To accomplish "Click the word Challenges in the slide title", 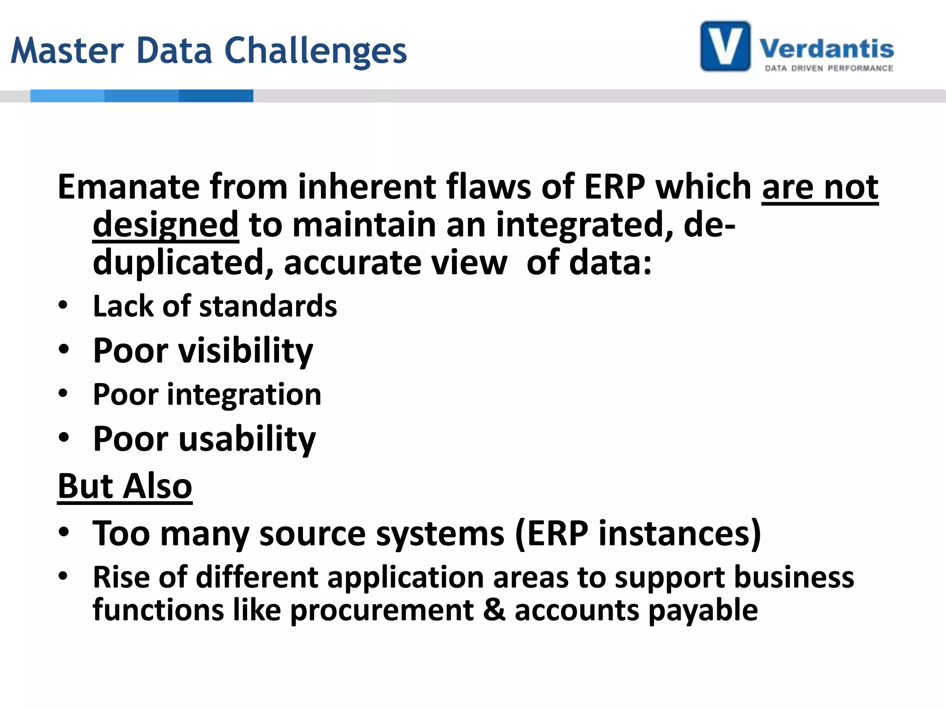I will point(315,51).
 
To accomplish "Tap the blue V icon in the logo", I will point(725,46).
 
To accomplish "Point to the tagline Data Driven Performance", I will point(829,68).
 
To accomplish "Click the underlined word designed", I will point(165,225).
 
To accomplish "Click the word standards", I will point(268,306).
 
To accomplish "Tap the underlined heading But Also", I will point(125,487).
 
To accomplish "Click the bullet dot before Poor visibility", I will point(64,349).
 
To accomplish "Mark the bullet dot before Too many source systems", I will point(64,532).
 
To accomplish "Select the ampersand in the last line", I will point(494,610).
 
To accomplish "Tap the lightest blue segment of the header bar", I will point(67,96).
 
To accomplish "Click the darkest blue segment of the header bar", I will point(216,96).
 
